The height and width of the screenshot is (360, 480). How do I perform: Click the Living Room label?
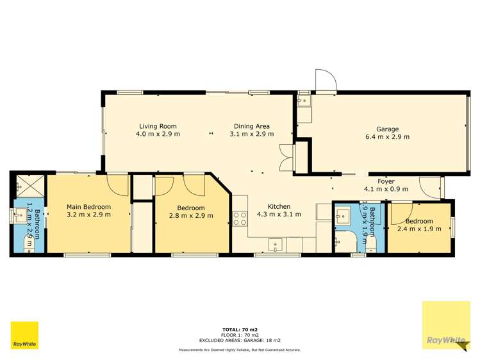[158, 126]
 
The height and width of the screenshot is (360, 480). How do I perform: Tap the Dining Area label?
[252, 126]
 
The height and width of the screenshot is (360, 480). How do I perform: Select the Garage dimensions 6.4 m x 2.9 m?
[387, 136]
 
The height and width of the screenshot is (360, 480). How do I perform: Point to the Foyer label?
[386, 181]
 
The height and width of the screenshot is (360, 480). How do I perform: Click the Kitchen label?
[279, 206]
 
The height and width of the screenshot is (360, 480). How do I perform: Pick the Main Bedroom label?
[89, 207]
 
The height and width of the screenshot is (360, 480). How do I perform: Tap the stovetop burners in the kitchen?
[240, 218]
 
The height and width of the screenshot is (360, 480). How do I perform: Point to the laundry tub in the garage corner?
[304, 101]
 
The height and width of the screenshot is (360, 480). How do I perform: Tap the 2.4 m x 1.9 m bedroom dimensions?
[419, 229]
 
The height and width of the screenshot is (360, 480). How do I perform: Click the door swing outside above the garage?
[326, 81]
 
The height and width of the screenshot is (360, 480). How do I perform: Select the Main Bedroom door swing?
[117, 184]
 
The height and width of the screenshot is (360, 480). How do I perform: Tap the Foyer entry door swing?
[430, 187]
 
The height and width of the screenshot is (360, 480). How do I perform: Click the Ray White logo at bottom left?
[24, 335]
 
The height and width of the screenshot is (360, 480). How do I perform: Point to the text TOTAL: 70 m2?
[240, 330]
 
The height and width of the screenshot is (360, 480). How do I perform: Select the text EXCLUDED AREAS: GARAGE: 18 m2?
[240, 340]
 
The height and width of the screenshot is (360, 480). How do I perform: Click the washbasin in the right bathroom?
[343, 216]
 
